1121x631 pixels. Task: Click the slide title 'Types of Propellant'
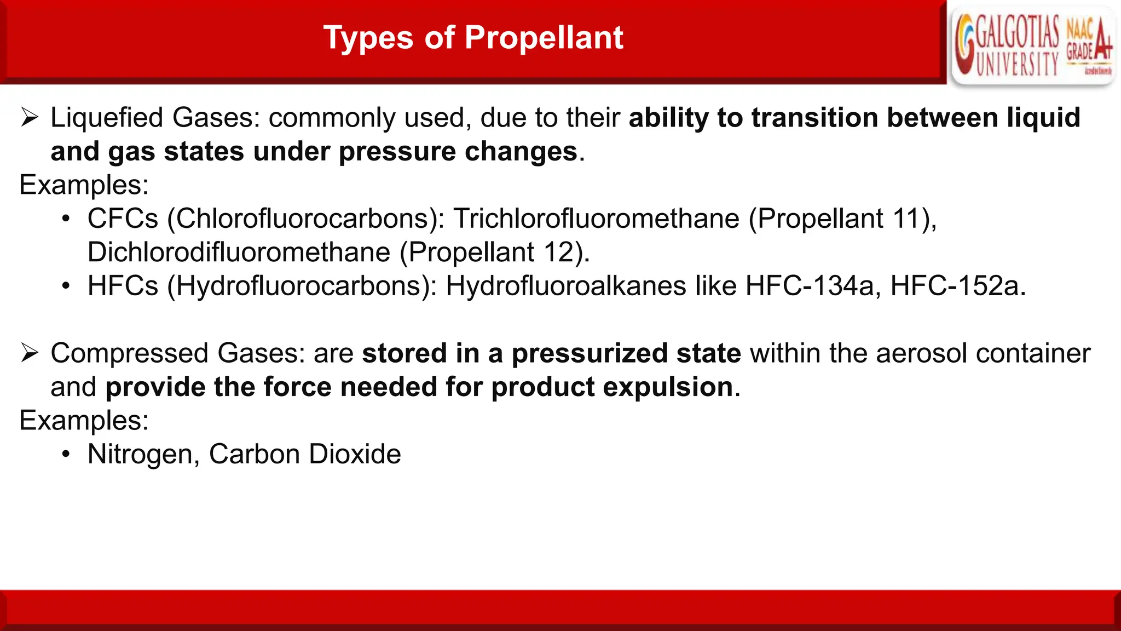(473, 38)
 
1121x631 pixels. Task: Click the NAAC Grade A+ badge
(1089, 46)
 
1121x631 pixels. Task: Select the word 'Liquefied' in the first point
(107, 118)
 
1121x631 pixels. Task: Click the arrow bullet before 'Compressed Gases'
(30, 353)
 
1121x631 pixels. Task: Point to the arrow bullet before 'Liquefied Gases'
(30, 118)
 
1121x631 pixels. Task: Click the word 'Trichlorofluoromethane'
(596, 219)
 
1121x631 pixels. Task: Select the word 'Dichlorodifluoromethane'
(239, 253)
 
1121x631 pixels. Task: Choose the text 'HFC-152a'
(955, 286)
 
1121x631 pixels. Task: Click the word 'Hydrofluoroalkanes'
(566, 286)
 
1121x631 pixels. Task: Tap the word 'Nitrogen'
(140, 455)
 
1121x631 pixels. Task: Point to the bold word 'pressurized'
(590, 354)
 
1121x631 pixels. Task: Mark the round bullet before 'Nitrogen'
(66, 455)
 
